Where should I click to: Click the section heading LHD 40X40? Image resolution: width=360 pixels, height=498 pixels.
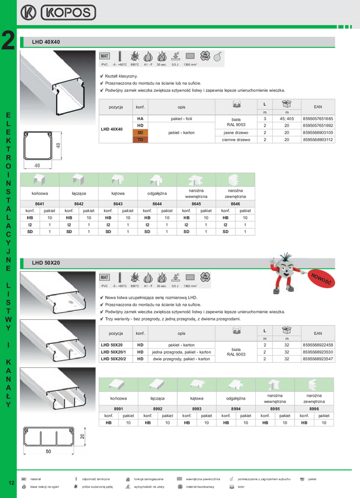click(46, 42)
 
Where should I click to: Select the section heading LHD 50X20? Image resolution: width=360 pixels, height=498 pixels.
click(46, 263)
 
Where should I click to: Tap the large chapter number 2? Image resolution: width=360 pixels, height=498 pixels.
click(9, 41)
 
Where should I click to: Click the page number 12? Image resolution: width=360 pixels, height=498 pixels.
click(12, 482)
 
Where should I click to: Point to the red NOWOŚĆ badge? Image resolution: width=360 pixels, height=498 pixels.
click(321, 278)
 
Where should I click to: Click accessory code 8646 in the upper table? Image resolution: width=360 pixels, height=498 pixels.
click(235, 203)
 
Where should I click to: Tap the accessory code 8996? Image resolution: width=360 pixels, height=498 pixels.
click(314, 409)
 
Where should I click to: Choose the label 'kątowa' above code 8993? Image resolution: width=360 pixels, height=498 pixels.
click(197, 398)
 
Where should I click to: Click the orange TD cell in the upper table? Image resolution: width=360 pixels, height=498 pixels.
click(141, 139)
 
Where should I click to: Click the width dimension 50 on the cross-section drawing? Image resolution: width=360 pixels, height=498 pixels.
click(48, 451)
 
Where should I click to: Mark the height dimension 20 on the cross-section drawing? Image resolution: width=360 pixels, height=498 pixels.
click(83, 436)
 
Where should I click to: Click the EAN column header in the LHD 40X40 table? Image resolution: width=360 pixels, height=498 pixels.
click(318, 107)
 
